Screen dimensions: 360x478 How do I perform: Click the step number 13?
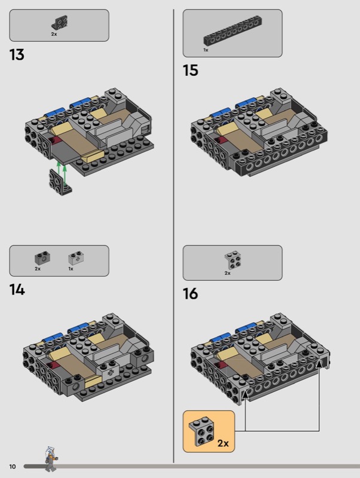(17, 55)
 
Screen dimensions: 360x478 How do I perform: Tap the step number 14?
(17, 290)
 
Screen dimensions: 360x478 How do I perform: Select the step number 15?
(190, 70)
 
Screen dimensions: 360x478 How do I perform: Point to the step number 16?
(190, 293)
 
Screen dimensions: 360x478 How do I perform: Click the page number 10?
(12, 467)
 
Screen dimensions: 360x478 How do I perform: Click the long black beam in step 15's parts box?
(233, 30)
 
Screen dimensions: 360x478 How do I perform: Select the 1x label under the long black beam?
(206, 50)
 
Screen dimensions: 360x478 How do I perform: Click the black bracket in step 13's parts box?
(60, 23)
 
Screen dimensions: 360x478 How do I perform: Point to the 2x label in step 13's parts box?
(54, 34)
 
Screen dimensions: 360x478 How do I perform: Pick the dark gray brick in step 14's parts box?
(42, 258)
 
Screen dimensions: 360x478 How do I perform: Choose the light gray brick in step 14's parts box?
(77, 258)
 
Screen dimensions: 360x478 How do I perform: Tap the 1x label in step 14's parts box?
(71, 268)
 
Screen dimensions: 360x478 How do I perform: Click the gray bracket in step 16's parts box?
(233, 260)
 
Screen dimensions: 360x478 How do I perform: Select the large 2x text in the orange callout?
(223, 443)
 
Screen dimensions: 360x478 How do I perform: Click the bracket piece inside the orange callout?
(201, 431)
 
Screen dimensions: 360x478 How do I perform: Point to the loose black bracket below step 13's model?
(60, 182)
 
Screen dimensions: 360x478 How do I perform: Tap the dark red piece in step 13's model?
(55, 140)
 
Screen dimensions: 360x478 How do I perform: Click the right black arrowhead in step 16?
(319, 364)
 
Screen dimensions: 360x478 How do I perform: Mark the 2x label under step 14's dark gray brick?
(38, 268)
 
